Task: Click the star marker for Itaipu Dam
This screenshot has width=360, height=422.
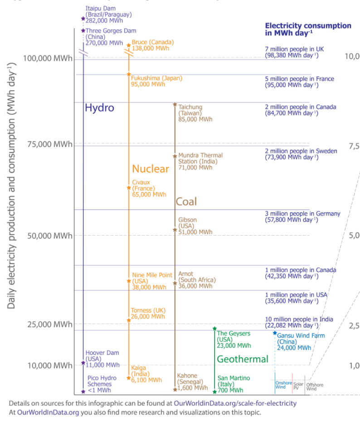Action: point(83,19)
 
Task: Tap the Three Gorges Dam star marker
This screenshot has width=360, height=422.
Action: point(83,31)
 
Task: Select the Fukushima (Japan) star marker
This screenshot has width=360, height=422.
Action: point(129,74)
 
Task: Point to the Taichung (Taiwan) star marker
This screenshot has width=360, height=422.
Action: point(175,104)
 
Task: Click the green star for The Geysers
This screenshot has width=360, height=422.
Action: point(214,328)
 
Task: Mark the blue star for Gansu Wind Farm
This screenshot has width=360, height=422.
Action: point(275,333)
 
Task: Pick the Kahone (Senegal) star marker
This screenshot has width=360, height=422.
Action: point(175,389)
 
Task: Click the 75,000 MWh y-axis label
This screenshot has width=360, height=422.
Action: point(49,144)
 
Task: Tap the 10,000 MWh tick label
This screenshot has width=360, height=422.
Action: point(49,365)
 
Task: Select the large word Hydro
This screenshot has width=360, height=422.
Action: point(99,108)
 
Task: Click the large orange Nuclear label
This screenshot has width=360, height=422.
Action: point(150,169)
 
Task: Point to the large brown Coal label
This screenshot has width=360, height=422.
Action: point(186,202)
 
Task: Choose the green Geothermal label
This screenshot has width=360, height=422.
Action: point(243,359)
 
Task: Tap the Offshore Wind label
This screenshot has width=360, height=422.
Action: point(315,387)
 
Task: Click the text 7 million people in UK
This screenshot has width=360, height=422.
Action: point(295,49)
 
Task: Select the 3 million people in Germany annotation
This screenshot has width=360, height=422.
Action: point(302,213)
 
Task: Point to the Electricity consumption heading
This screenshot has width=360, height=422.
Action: point(308,26)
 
